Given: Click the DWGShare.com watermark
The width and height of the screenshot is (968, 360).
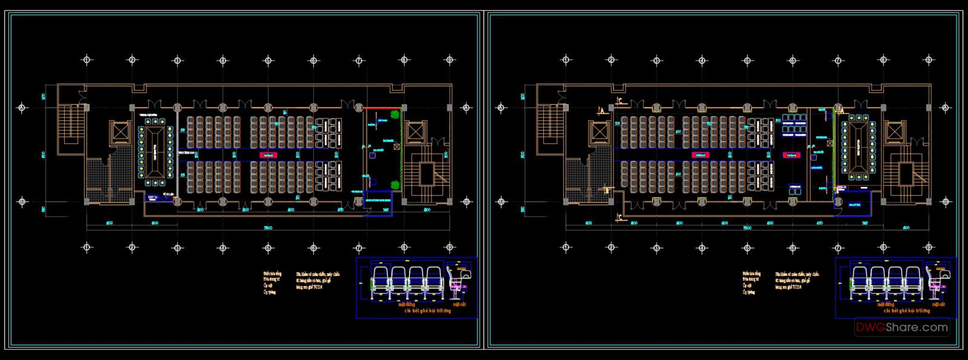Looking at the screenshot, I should coord(901,327).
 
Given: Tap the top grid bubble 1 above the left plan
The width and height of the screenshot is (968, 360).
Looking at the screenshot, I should coord(87,60).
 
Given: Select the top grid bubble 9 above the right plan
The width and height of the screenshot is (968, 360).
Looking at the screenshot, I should coord(929,60).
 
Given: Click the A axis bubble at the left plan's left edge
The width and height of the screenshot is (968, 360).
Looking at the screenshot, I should coord(22,108).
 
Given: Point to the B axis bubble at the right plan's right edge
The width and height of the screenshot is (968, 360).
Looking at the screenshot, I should coord(946,201).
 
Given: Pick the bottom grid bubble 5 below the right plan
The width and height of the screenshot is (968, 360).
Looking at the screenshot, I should coord(747,247).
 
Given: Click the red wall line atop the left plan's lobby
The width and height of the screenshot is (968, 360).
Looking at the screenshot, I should coord(381,108).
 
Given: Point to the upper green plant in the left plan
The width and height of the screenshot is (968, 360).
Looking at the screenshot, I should coord(395,114).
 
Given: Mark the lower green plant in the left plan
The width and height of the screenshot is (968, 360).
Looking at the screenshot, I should coord(395,185).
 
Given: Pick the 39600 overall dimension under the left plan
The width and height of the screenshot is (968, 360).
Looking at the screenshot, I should coord(268,228).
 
